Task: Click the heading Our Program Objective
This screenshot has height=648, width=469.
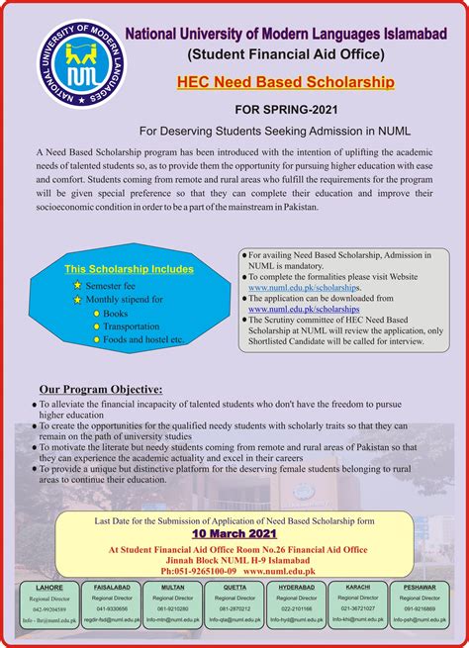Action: point(100,389)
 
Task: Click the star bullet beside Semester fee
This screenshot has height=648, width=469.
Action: point(77,285)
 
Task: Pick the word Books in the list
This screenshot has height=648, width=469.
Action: point(115,313)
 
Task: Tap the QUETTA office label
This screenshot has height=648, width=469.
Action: point(234,587)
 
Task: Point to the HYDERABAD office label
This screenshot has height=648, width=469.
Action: point(297,587)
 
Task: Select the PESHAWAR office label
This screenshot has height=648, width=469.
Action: point(420,587)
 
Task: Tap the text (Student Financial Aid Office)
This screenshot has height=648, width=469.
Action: point(287,49)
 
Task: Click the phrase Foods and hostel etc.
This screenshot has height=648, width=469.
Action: point(144,339)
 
